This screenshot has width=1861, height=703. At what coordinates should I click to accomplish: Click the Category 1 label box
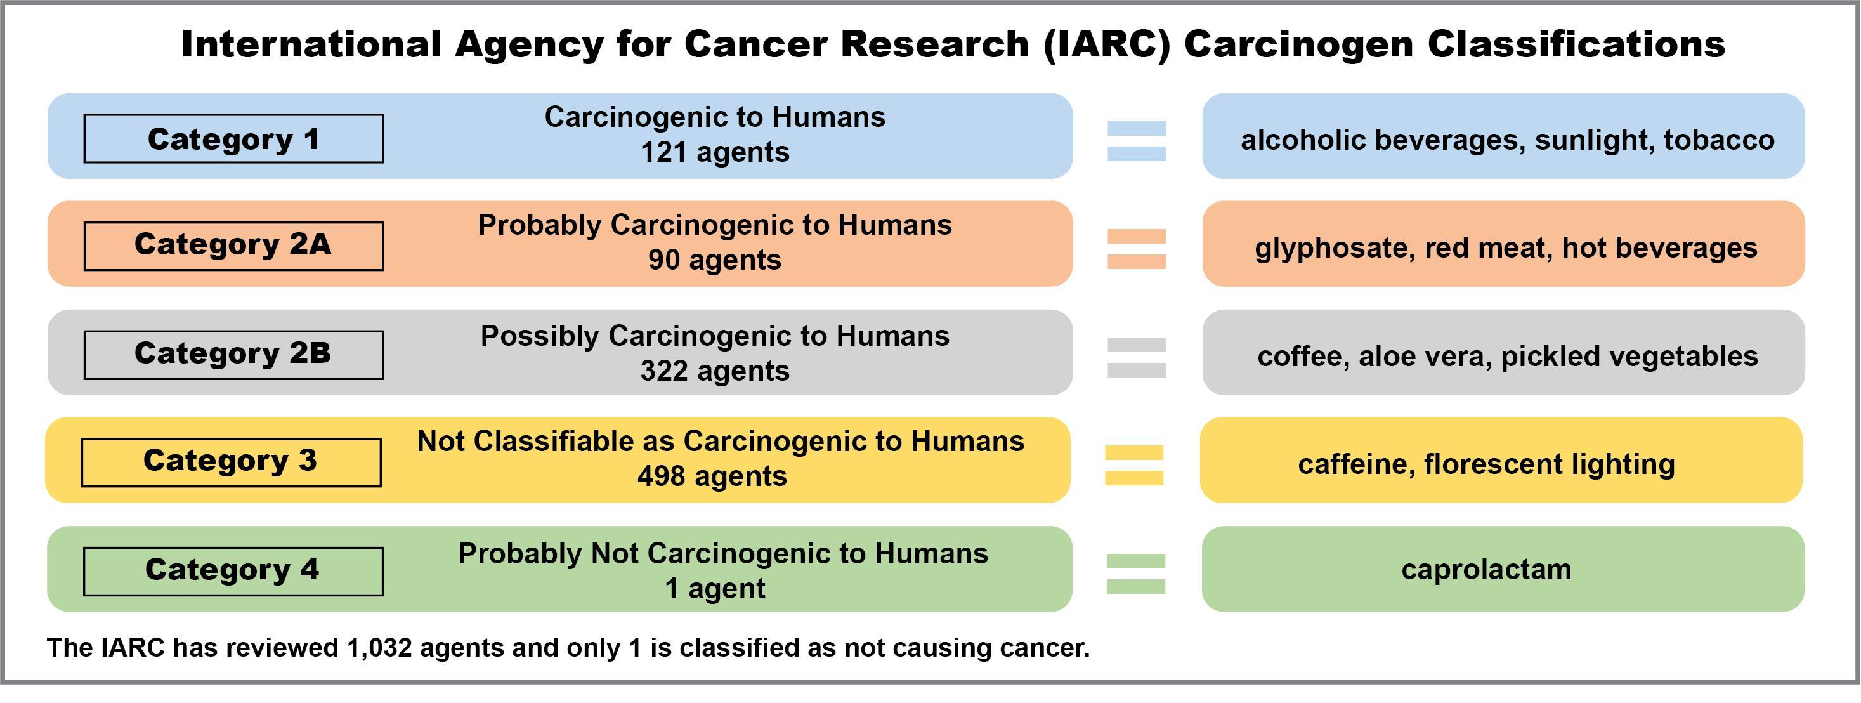click(x=233, y=139)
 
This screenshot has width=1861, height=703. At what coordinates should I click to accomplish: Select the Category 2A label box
click(x=233, y=246)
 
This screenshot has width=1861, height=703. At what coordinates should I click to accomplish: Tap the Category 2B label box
click(x=233, y=355)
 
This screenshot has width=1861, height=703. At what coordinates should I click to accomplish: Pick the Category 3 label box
click(x=231, y=462)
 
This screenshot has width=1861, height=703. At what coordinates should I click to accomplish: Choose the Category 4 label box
click(x=233, y=571)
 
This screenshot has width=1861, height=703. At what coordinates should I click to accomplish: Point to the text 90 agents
click(x=714, y=260)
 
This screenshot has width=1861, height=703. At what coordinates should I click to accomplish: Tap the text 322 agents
click(x=714, y=371)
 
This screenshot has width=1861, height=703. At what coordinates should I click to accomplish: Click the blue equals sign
click(x=1137, y=141)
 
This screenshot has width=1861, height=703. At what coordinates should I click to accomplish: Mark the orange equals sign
click(x=1137, y=249)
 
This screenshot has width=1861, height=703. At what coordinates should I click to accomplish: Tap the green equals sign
click(x=1135, y=574)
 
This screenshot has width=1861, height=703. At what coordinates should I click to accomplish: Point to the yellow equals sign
click(x=1134, y=465)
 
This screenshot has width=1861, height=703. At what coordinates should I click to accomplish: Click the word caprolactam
click(x=1486, y=570)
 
